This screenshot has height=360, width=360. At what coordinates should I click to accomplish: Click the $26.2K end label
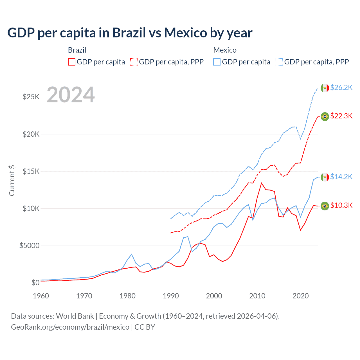pos(341,87)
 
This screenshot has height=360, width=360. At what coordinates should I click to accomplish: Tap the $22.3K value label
pos(341,116)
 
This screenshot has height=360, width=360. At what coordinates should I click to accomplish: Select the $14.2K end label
pos(341,177)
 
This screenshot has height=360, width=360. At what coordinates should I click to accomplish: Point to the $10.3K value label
pos(341,205)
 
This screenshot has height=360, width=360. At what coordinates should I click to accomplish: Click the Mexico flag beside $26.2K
pos(325,88)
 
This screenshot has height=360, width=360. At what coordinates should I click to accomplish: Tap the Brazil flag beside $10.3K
pos(325,206)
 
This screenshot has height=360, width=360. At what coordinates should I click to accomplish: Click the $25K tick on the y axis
pos(31,97)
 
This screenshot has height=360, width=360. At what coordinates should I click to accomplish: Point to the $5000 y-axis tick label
pos(29,246)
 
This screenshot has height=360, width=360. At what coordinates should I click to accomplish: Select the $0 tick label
pos(35,283)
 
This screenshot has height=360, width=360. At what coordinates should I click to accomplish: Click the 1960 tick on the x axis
pos(41,296)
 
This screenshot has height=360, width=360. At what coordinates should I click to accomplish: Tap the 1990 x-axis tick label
pos(171,296)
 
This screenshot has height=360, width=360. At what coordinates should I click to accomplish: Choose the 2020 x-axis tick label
pos(300,296)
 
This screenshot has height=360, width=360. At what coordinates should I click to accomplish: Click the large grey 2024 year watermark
pos(71,95)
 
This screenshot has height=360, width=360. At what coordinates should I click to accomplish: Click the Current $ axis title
pos(12,180)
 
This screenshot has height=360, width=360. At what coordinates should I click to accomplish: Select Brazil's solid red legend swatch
pos(72,62)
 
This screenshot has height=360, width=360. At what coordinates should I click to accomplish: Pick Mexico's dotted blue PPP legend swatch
pos(279,62)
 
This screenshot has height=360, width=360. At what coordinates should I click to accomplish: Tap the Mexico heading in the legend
pos(225,50)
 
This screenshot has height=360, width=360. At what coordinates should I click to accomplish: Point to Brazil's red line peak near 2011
pos(262,183)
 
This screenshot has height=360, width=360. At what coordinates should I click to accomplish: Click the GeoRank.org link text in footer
pos(70,327)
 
